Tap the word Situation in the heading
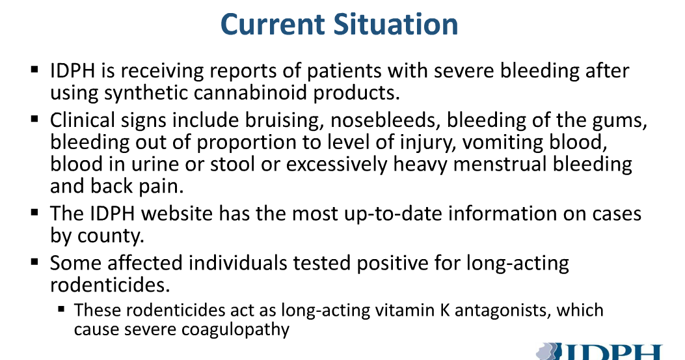click(396, 25)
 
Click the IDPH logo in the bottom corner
click(605, 352)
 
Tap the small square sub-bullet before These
click(62, 308)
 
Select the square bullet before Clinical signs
click(34, 119)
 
